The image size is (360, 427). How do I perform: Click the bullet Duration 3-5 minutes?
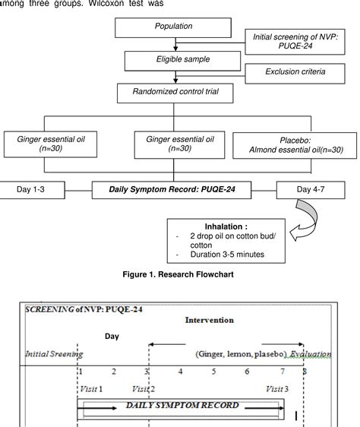click(220, 255)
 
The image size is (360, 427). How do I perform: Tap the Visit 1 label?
click(90, 387)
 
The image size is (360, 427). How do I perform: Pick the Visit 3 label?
click(276, 387)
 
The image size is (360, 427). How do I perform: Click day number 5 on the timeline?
click(213, 372)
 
